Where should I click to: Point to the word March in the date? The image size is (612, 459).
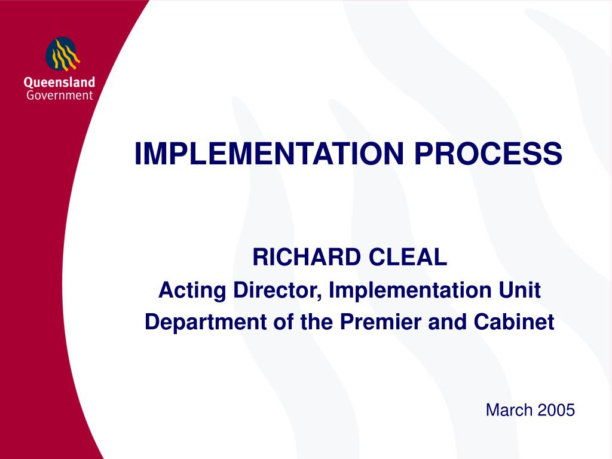click(509, 410)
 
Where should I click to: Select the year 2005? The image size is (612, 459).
click(556, 410)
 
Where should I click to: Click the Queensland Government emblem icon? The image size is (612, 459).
click(63, 54)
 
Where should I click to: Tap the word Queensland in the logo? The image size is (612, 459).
click(59, 83)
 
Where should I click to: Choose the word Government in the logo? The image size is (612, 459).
click(59, 95)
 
